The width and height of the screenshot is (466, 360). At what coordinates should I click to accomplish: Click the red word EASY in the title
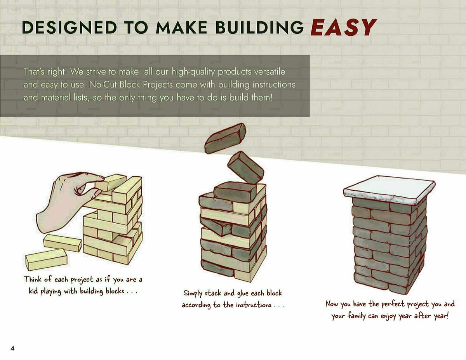343,28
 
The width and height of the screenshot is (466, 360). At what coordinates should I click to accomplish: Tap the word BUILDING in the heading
260,28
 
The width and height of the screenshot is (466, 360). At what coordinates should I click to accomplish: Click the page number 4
12,348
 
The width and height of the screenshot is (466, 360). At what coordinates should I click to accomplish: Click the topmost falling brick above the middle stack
225,138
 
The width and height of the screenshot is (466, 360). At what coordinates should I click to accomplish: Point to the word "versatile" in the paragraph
272,72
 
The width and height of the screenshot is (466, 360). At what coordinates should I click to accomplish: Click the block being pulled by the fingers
111,182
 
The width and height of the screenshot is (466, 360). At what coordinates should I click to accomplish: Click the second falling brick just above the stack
245,167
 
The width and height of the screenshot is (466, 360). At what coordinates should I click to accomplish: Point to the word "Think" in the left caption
33,279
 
